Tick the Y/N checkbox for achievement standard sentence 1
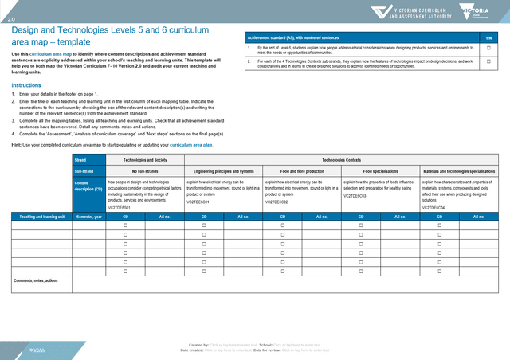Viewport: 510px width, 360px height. coord(488,49)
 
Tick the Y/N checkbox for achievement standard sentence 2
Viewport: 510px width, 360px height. coord(488,61)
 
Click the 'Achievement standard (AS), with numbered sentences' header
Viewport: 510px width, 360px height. coord(293,37)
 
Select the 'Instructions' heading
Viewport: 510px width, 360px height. coord(26,84)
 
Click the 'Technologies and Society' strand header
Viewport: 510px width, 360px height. coord(144,160)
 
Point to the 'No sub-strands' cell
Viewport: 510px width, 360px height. coord(144,171)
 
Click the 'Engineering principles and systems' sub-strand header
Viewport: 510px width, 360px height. coord(223,171)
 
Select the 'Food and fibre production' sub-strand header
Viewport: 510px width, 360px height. coord(302,171)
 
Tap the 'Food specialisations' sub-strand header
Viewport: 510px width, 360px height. coord(380,171)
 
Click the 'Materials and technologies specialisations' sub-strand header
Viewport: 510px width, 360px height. coord(459,171)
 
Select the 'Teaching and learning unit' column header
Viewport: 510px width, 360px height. coord(37,216)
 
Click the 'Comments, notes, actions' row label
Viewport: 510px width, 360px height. coord(36,280)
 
